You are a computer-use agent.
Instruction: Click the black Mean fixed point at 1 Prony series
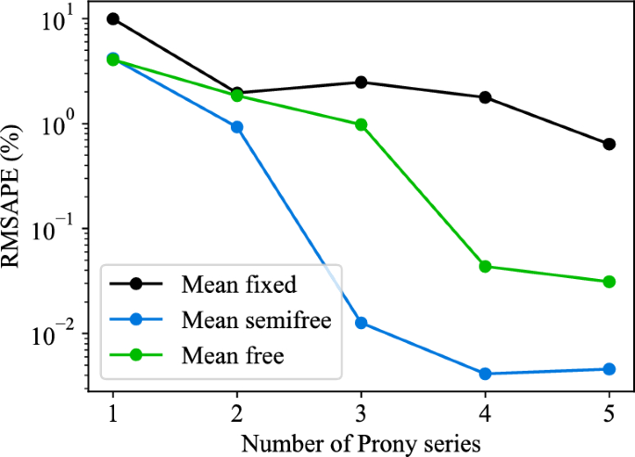[113, 19]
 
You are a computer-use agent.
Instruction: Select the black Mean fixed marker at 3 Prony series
[361, 83]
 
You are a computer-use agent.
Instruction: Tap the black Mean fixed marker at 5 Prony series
[609, 145]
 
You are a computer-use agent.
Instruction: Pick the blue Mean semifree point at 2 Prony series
[237, 127]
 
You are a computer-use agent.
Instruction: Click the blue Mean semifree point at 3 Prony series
[361, 323]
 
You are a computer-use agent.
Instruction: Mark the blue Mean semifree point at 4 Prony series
[485, 374]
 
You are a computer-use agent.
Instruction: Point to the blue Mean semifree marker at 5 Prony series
[609, 369]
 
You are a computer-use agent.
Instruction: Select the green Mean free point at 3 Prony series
[361, 124]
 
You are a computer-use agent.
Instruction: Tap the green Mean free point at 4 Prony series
[485, 267]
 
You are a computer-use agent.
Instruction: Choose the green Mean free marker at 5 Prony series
[609, 282]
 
